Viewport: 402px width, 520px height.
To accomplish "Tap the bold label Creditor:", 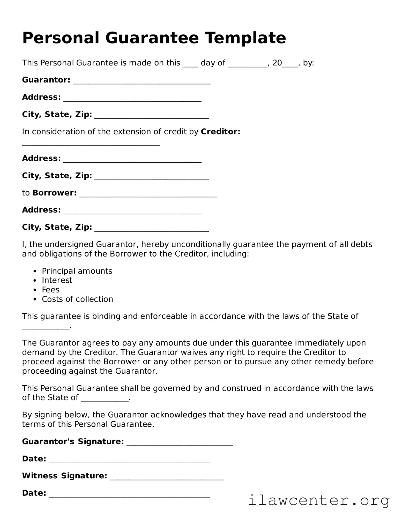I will [x=220, y=132].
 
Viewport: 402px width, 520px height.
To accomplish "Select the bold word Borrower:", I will [x=55, y=193].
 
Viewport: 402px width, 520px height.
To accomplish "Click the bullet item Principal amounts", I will [x=77, y=271].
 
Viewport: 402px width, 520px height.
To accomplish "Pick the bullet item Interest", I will [x=57, y=280].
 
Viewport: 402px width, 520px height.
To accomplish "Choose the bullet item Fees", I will [x=51, y=290].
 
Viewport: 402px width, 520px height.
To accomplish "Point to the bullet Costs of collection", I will [x=77, y=299].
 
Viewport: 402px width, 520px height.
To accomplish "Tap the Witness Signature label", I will [x=64, y=476].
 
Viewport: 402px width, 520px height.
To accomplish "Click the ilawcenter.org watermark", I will [x=318, y=500].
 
